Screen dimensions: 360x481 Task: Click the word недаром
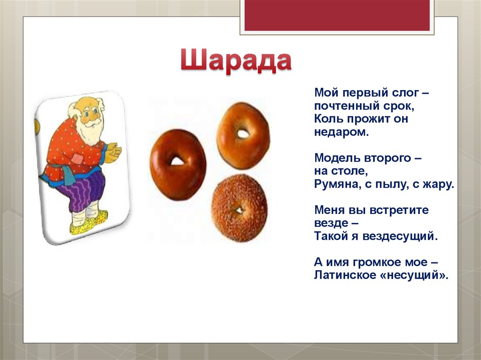[x=339, y=132]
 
